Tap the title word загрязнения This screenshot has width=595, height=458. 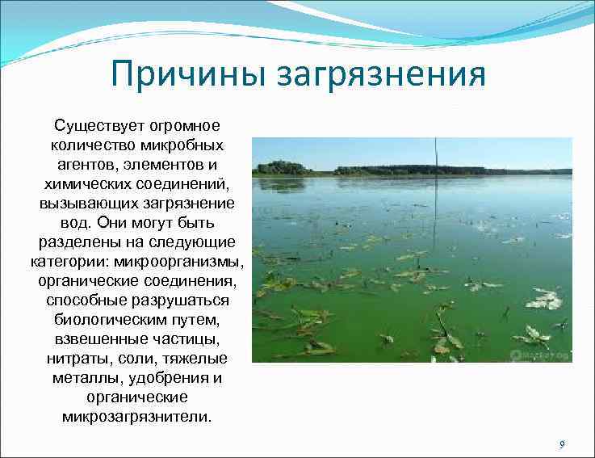pos(382,75)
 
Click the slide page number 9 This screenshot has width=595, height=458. pos(562,444)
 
